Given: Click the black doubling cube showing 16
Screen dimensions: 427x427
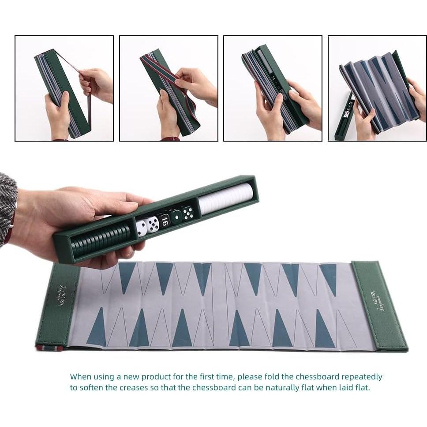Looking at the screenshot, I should [x=164, y=221].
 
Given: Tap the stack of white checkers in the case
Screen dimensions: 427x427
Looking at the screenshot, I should [x=225, y=199].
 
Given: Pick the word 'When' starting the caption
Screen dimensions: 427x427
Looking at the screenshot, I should [x=81, y=377].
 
